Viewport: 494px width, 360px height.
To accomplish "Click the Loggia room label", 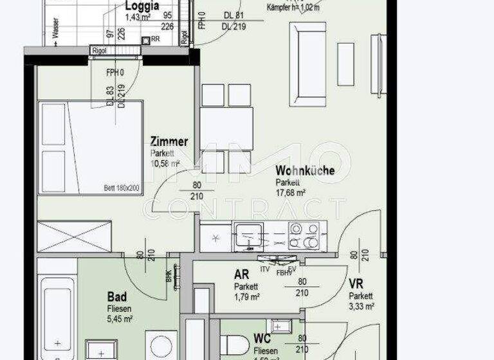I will tap(142, 6).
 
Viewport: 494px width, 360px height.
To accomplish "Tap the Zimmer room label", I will tap(169, 142).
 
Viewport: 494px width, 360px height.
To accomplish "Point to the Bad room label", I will tap(116, 297).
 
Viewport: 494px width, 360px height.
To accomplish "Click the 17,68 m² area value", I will tap(290, 192).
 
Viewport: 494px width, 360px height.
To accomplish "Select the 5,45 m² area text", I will tap(119, 318).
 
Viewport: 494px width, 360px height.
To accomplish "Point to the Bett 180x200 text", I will tap(122, 189).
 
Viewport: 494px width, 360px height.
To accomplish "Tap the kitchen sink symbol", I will tap(247, 237).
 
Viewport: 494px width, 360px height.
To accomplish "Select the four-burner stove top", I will tap(304, 236).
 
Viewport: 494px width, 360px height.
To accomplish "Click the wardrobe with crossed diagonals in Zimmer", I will tap(75, 237).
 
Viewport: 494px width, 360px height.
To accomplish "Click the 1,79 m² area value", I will tap(246, 297).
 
